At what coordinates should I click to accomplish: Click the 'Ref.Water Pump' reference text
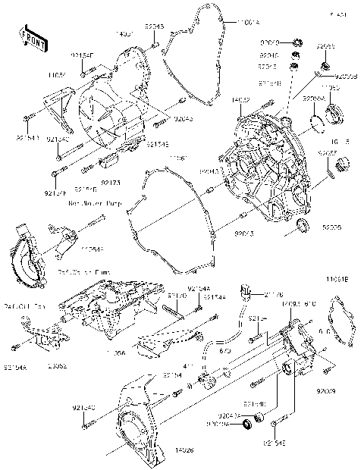pyautogui.click(x=94, y=203)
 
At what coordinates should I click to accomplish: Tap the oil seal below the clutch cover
pyautogui.click(x=303, y=224)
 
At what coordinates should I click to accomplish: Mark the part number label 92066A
pyautogui.click(x=313, y=99)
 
